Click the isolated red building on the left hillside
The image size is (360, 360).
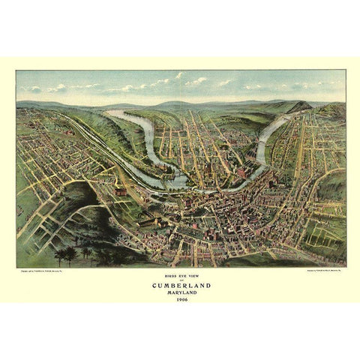click(x=121, y=192)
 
